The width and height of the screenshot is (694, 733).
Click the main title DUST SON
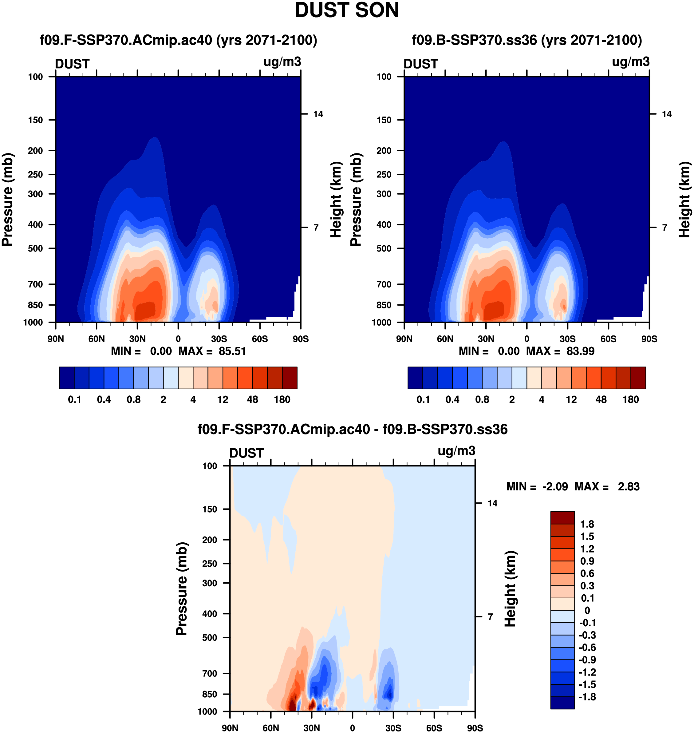pyautogui.click(x=347, y=10)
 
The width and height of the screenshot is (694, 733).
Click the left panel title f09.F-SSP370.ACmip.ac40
pyautogui.click(x=178, y=40)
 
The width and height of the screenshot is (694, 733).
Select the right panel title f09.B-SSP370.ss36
pyautogui.click(x=527, y=40)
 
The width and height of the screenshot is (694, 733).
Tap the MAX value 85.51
pyautogui.click(x=232, y=351)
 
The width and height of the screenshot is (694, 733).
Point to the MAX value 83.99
pyautogui.click(x=580, y=351)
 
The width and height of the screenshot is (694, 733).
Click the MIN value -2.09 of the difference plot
pyautogui.click(x=555, y=487)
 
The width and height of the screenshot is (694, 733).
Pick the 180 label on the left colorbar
pyautogui.click(x=282, y=400)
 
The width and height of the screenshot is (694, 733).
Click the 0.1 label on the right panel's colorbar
pyautogui.click(x=423, y=400)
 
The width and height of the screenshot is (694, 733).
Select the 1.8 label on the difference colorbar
pyautogui.click(x=587, y=524)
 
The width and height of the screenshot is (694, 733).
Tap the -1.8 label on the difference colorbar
pyautogui.click(x=587, y=697)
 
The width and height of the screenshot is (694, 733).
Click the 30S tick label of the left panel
pyautogui.click(x=219, y=339)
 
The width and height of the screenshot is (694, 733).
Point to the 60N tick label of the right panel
pyautogui.click(x=445, y=339)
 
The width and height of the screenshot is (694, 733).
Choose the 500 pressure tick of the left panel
pyautogui.click(x=36, y=249)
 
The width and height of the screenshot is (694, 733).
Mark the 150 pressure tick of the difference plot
pyautogui.click(x=209, y=509)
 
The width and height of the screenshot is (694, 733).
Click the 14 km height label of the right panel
pyautogui.click(x=667, y=114)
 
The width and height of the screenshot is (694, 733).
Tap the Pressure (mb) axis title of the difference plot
pyautogui.click(x=182, y=588)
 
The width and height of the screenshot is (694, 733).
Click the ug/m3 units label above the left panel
pyautogui.click(x=282, y=62)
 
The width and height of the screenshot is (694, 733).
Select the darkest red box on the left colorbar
pyautogui.click(x=289, y=378)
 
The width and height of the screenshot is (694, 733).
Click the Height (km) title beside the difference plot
pyautogui.click(x=510, y=588)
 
